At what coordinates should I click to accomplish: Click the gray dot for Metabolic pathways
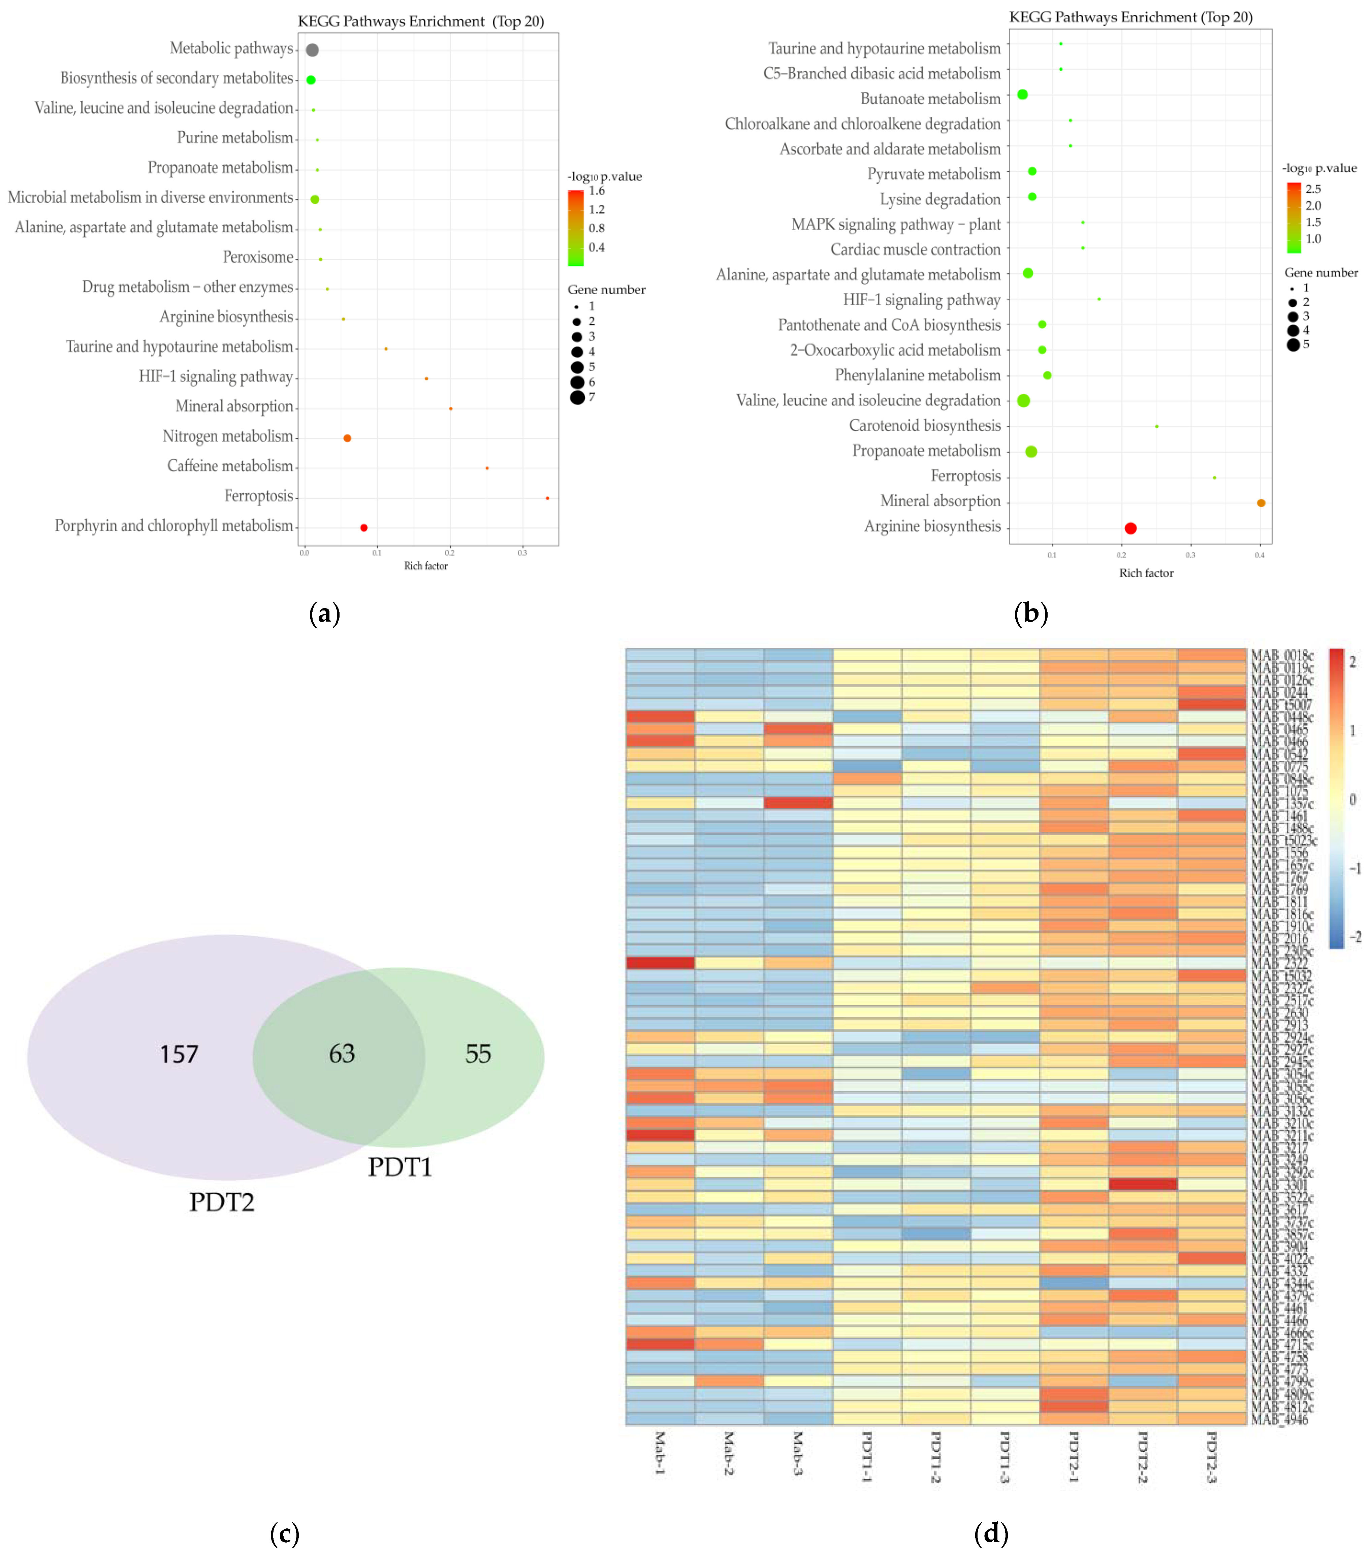(x=312, y=50)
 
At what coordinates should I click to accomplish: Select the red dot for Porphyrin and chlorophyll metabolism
(x=363, y=528)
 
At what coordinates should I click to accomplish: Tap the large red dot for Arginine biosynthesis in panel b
(x=1130, y=528)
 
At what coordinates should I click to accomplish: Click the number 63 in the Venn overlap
(x=342, y=1053)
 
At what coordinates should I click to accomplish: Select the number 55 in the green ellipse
(x=478, y=1053)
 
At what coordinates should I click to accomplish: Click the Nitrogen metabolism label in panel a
(x=227, y=436)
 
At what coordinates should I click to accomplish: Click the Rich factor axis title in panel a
(x=426, y=566)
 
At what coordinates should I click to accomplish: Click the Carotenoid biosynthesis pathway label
(x=925, y=426)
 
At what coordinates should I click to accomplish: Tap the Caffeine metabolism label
(x=230, y=466)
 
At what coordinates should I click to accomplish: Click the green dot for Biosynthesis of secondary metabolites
(x=310, y=80)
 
